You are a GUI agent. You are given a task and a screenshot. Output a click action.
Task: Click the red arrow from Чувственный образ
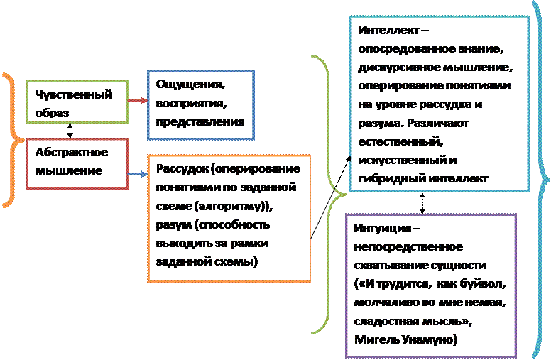point(138,102)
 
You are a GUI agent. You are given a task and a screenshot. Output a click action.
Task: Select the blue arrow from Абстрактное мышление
point(138,173)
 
